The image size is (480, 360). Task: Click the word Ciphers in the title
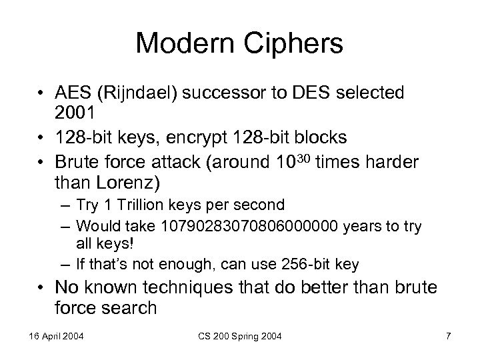click(x=290, y=43)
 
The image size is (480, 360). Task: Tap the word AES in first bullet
click(x=73, y=93)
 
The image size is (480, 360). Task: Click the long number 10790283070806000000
click(x=221, y=227)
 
